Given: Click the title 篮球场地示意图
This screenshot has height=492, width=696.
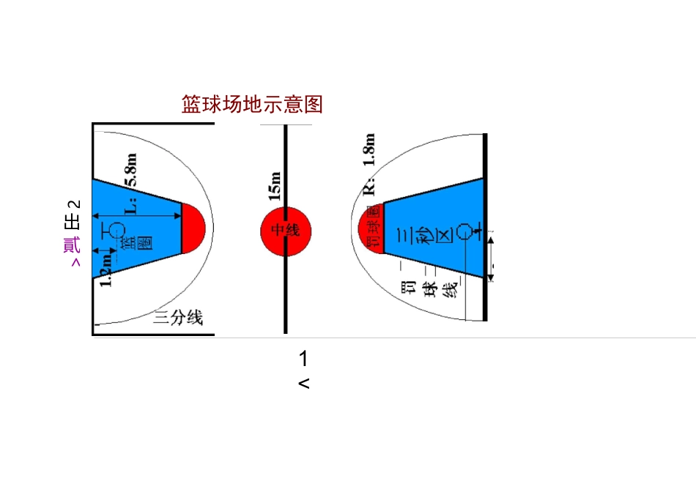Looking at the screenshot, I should pos(252,105).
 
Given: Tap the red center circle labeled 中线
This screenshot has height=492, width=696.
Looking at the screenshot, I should pos(286,231).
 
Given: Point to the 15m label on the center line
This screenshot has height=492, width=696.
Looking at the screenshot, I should pos(275,186).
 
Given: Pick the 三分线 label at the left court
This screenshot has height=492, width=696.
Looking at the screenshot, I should pos(178,318).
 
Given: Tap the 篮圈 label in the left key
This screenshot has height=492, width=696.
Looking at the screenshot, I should pos(125,246).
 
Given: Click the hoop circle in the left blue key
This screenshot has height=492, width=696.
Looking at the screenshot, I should pos(116,230).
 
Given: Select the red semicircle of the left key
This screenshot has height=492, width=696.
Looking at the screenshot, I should pos(193,228).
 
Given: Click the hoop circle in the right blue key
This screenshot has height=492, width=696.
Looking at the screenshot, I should pos(464,231).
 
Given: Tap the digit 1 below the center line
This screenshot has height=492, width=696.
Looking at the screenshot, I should pos(303,359).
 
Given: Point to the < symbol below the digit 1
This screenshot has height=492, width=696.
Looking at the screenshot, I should pos(304,383).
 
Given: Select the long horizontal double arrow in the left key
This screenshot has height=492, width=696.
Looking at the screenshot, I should pos(137,216).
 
